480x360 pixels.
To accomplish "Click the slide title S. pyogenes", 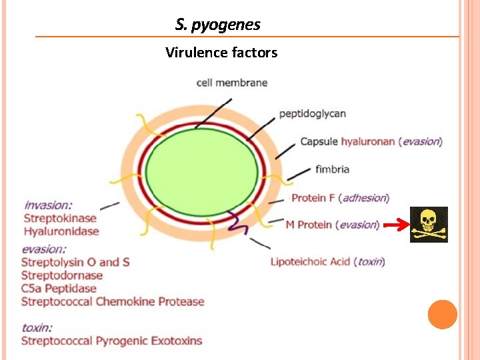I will click(218, 25).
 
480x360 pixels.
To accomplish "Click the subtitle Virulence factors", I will click(221, 52).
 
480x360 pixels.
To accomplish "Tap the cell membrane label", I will click(232, 83).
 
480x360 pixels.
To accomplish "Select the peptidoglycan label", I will click(312, 113).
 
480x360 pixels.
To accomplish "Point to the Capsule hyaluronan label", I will click(371, 141).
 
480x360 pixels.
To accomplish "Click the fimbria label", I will click(332, 169).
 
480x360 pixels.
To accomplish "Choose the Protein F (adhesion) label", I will click(340, 198).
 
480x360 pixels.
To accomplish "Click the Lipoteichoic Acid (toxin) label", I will click(327, 261).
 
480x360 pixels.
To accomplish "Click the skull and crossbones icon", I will click(429, 225).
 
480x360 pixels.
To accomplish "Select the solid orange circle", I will click(443, 314).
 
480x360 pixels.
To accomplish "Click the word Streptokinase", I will click(60, 218).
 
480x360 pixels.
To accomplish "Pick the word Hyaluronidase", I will click(61, 231).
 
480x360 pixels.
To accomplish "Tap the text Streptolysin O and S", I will click(75, 262).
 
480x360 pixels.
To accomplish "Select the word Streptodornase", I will click(62, 275).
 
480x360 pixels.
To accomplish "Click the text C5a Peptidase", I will click(59, 289).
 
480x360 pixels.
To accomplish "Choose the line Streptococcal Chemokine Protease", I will click(113, 301).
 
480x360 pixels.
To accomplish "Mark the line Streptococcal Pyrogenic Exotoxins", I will click(111, 341).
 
